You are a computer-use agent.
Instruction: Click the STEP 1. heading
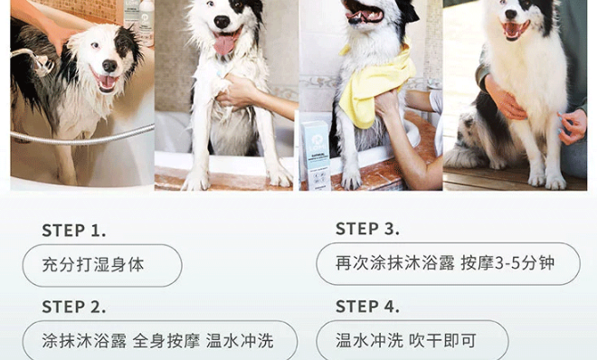[74, 231]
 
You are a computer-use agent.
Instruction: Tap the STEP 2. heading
[74, 308]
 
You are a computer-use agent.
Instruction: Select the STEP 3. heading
[367, 229]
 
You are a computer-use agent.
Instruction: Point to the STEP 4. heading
[367, 307]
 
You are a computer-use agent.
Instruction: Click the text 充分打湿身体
[93, 265]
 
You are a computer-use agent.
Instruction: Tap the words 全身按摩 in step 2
[166, 341]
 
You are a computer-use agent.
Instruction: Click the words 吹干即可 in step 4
[443, 340]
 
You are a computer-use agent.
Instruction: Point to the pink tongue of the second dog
[224, 43]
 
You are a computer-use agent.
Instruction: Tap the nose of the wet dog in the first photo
[109, 66]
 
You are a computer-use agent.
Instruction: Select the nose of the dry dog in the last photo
[511, 14]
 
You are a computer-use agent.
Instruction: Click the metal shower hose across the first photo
[81, 136]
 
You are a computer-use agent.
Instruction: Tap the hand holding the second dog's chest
[237, 91]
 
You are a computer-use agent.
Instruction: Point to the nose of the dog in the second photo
[222, 22]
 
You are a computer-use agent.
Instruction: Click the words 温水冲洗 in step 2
[240, 341]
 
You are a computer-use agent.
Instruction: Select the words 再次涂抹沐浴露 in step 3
[394, 263]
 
